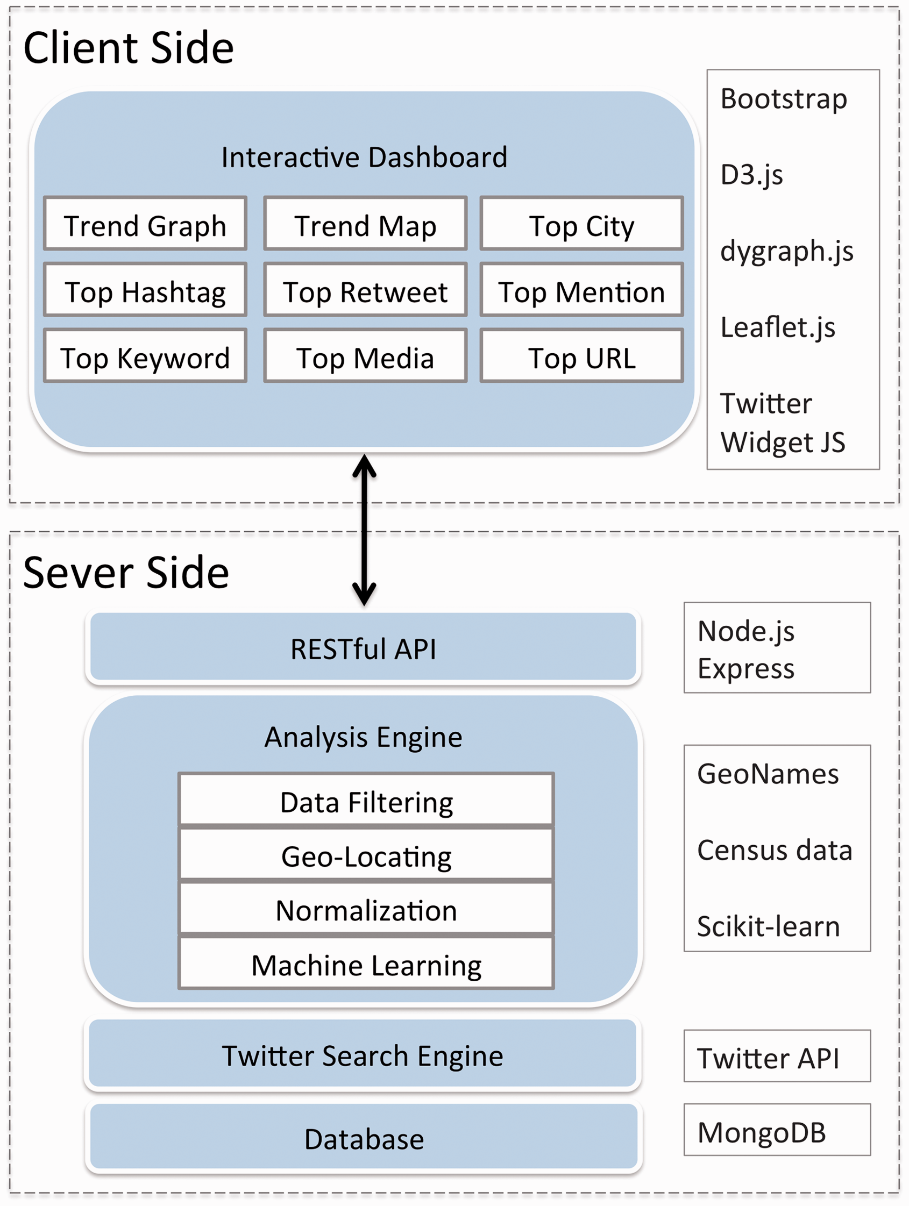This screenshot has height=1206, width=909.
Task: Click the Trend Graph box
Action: point(145,224)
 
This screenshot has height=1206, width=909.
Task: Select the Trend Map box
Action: point(365,224)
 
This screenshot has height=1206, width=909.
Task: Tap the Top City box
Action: point(582,224)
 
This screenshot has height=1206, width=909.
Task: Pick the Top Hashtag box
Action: point(145,289)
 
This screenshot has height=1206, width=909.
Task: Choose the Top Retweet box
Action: point(365,289)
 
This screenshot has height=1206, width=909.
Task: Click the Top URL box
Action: point(582,355)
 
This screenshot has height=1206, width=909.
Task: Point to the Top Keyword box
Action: point(145,355)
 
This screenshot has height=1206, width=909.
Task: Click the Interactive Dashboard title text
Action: point(364,158)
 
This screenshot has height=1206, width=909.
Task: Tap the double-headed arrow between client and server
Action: point(364,531)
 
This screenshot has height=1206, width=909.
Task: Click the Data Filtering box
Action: point(366,800)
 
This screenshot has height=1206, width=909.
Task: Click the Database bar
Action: point(364,1137)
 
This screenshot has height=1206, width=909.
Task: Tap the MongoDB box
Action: point(777,1130)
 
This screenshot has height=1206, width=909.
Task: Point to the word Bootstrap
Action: point(784,101)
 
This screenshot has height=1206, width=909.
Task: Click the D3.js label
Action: point(751,176)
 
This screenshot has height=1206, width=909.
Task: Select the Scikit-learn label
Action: point(768,926)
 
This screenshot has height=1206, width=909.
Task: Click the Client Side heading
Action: point(129,48)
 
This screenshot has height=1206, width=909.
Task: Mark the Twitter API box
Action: point(777,1056)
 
